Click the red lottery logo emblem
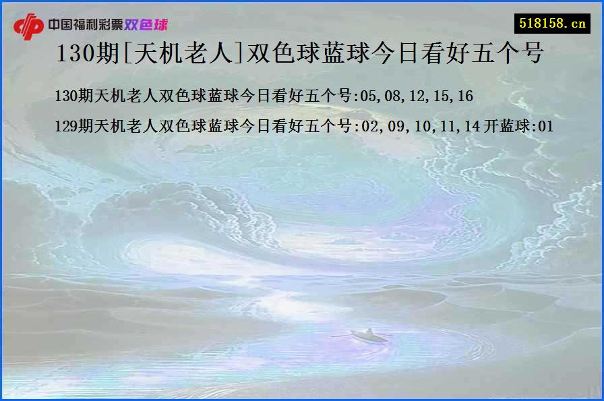point(29,26)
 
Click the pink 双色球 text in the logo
point(146,25)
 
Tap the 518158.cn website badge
point(553,24)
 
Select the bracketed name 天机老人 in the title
point(183,54)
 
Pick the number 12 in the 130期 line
point(417,96)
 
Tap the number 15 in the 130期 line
point(441,96)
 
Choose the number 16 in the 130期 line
point(464,96)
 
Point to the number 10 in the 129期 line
point(417,126)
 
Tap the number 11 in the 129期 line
point(441,126)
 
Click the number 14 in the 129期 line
point(464,126)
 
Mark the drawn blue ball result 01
point(545,126)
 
